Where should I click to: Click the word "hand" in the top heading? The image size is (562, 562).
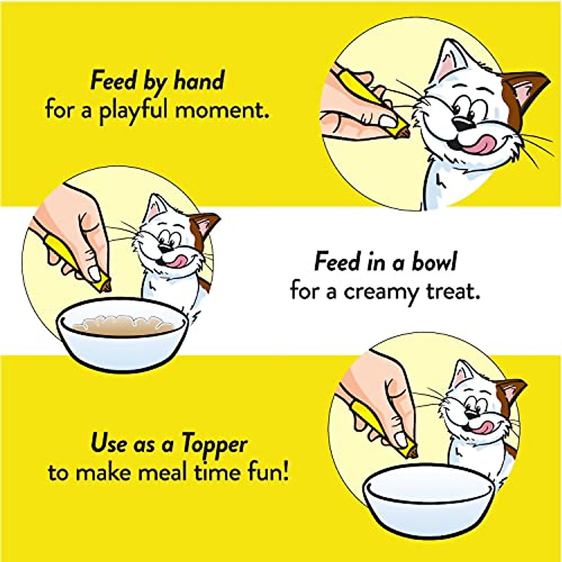199,81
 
